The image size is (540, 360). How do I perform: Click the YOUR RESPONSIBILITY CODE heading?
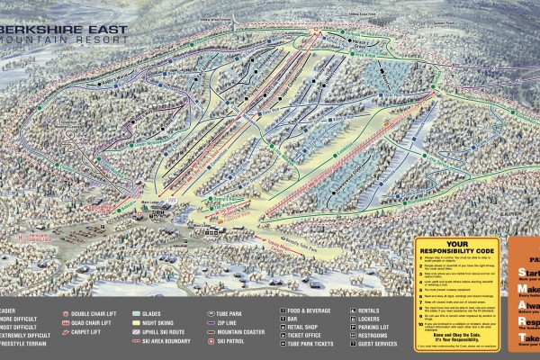click(459, 247)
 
